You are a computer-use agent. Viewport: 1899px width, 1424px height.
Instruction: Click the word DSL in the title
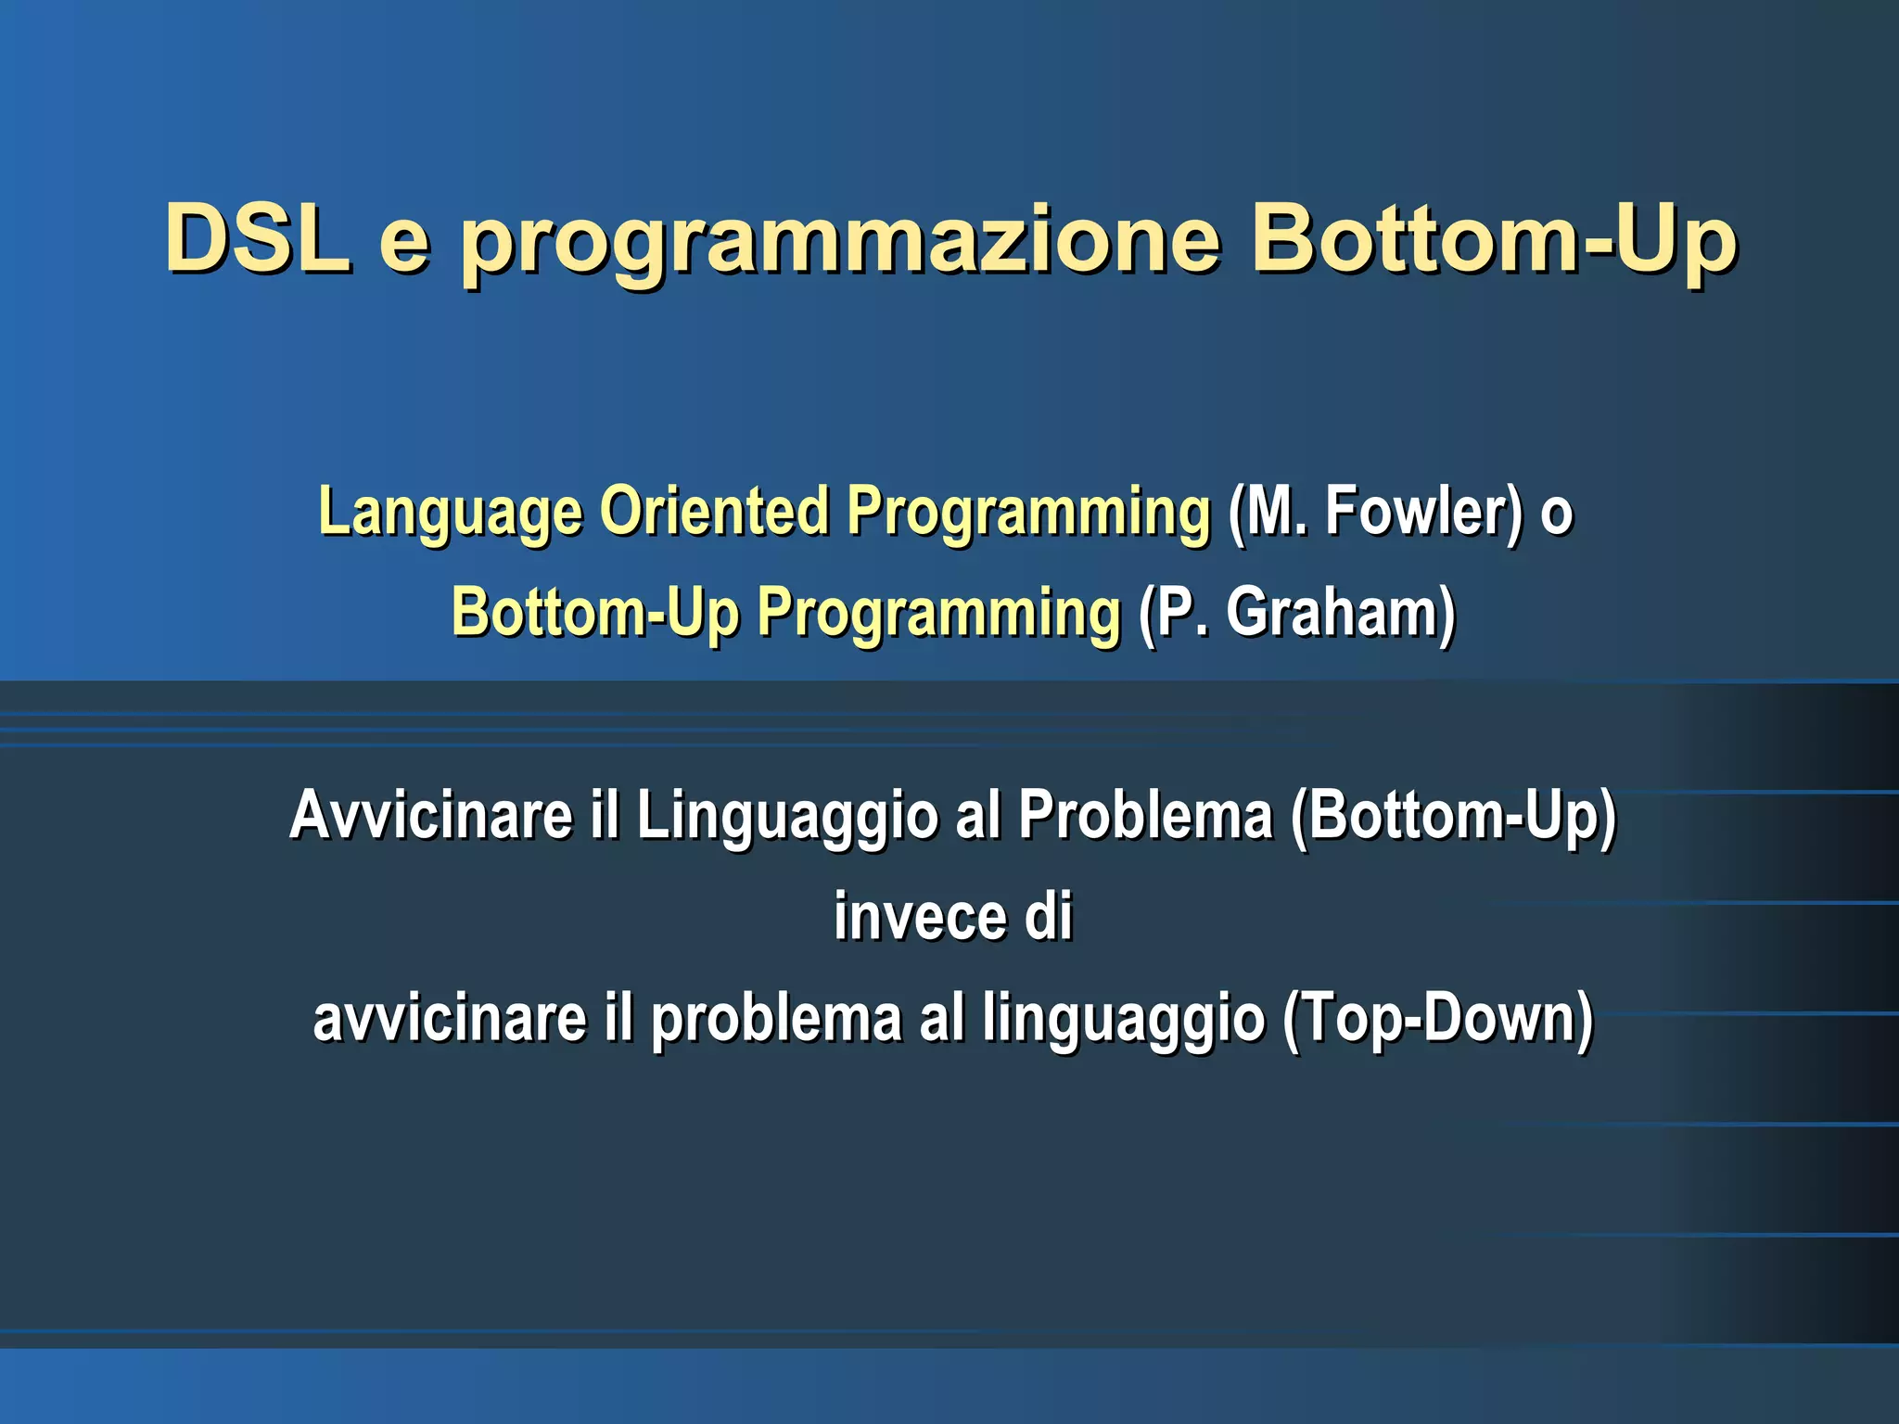point(258,238)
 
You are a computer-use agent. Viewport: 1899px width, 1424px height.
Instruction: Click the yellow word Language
point(451,513)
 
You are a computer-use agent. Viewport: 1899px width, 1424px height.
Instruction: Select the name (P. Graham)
point(1297,613)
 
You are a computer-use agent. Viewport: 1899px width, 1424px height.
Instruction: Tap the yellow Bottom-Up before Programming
point(595,614)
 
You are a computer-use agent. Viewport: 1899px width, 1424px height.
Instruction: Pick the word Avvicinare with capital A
point(431,815)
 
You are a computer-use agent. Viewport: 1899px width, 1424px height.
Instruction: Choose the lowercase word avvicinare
point(451,1018)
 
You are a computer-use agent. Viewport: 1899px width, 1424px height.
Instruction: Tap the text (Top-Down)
point(1438,1019)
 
